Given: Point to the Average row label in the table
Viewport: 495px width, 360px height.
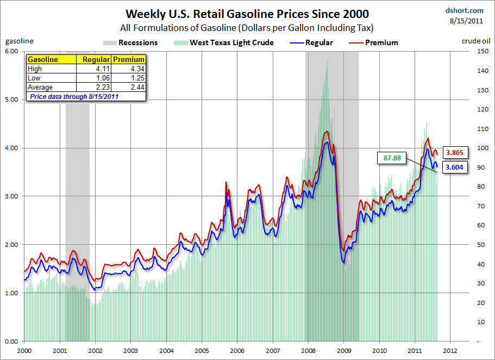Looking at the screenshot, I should (41, 88).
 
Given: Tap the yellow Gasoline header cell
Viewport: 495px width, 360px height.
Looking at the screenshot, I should (43, 59).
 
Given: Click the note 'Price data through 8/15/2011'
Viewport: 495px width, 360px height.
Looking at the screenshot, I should (73, 97).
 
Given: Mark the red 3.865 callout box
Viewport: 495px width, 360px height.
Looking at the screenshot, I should (454, 153).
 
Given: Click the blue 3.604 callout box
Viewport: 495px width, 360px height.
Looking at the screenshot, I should (454, 167).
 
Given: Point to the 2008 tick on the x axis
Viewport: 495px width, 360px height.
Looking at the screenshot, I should (308, 351).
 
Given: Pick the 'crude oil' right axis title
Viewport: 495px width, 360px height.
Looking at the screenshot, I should (476, 41).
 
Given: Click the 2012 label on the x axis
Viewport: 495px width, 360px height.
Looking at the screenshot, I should (450, 351).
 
